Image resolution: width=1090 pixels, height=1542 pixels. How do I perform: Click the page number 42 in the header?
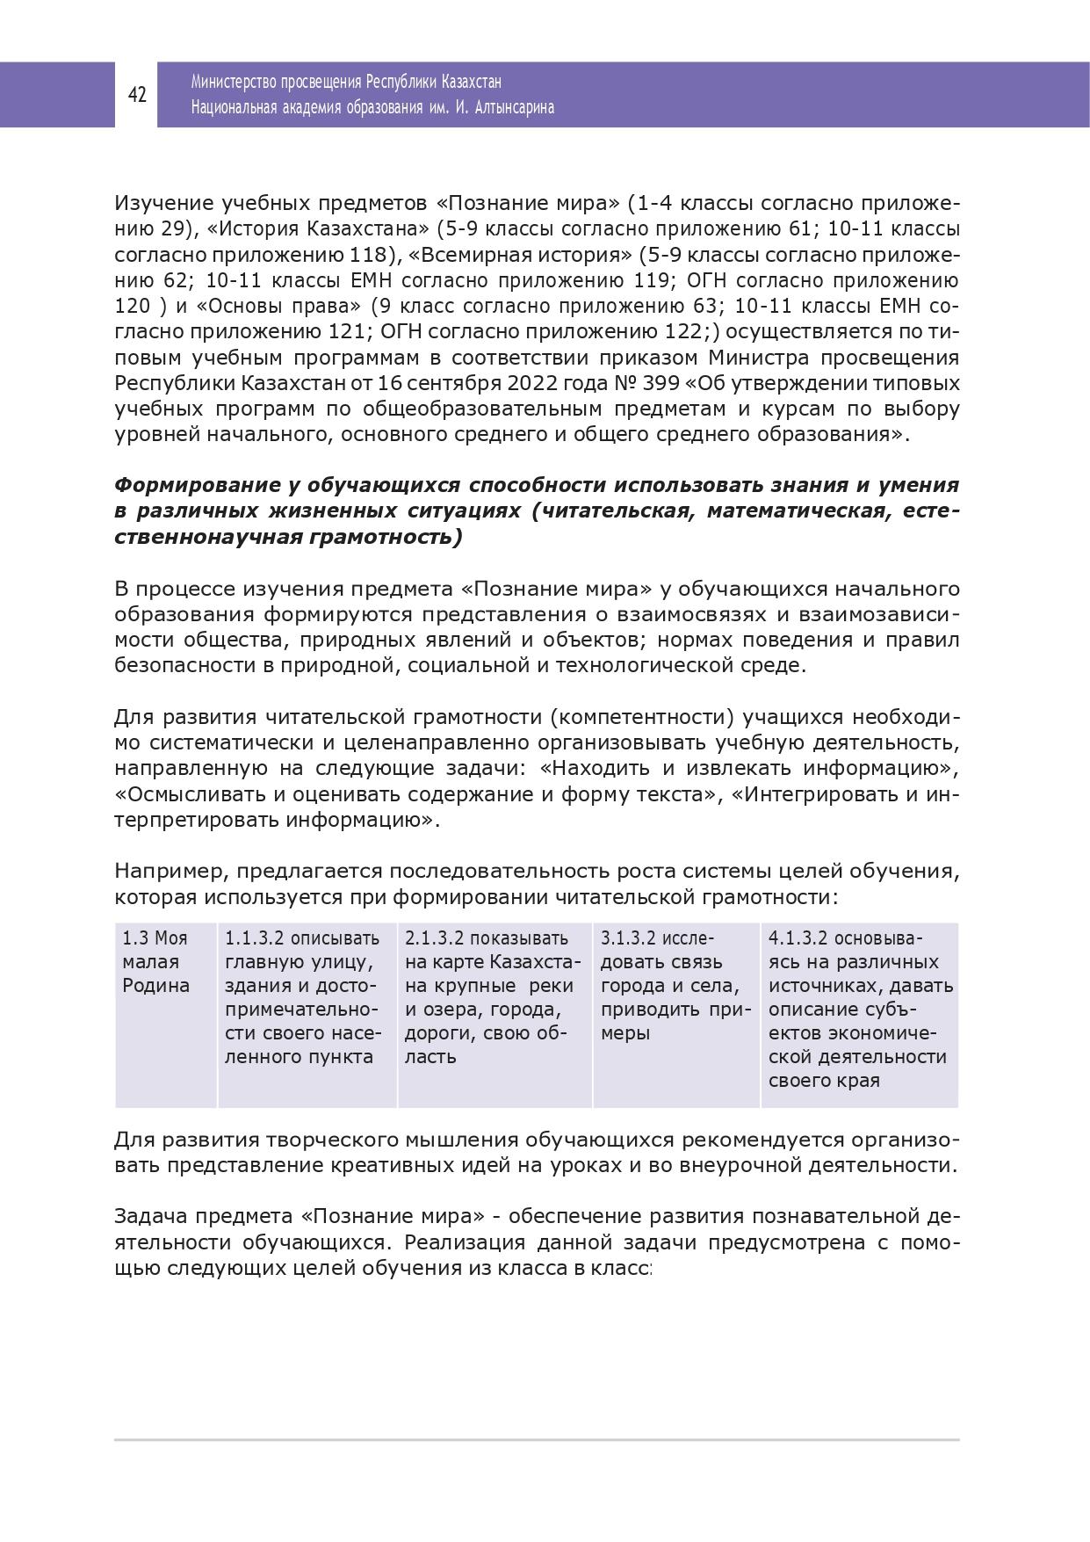coord(137,95)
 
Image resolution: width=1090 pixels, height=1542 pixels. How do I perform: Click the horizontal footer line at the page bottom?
coord(536,1440)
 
